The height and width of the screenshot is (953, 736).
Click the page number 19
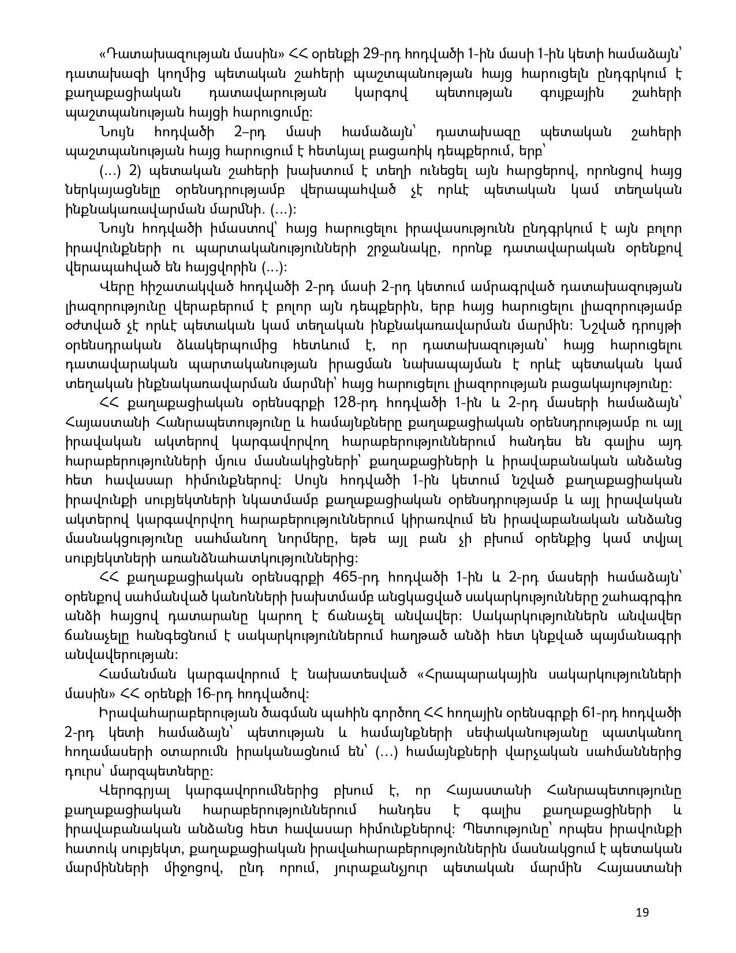click(x=642, y=913)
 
